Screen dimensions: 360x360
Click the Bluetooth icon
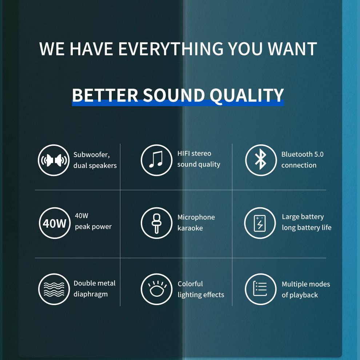261,160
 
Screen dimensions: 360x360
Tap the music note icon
156,160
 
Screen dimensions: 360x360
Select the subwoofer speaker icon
54,160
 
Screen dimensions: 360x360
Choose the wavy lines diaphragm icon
54,289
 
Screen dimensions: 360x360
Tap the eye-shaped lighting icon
156,289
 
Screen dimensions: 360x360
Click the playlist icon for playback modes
260,289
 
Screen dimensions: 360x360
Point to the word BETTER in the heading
105,95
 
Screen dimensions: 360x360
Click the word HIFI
184,153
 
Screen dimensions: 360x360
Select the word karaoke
190,228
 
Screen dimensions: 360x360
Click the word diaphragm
91,294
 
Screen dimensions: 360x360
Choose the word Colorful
190,284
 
